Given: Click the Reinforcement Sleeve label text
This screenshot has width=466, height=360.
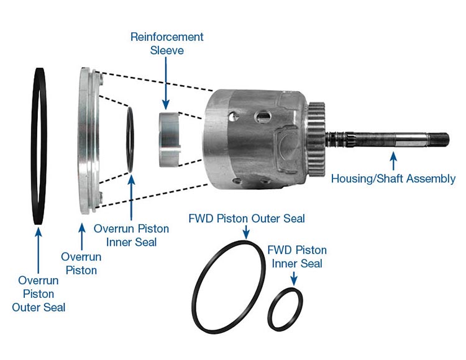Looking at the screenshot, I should (167, 43).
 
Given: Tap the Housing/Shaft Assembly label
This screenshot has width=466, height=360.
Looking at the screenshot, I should (393, 178).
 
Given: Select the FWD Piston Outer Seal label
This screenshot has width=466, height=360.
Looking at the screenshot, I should (247, 218).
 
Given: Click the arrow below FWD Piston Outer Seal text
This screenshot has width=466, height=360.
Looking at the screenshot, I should (247, 234).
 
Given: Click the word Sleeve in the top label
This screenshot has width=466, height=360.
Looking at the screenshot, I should (167, 50).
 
